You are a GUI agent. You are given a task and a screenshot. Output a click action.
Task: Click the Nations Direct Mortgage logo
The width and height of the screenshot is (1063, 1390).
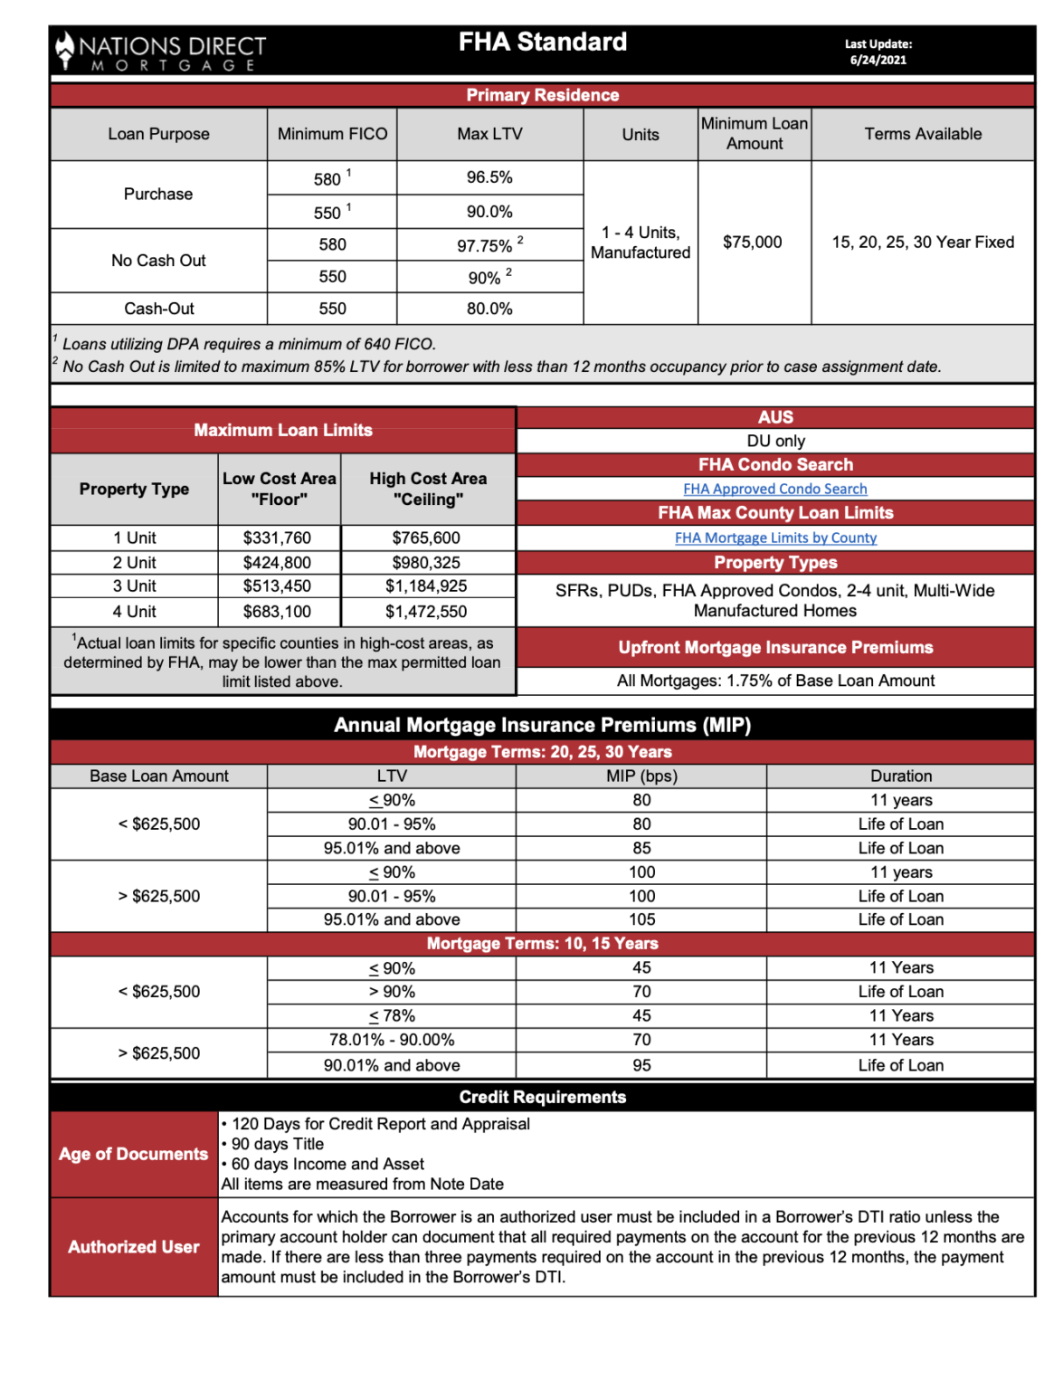tap(161, 52)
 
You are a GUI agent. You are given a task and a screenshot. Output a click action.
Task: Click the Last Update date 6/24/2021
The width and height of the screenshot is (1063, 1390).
tap(878, 60)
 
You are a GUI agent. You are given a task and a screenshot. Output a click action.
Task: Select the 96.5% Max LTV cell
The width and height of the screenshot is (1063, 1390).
tap(489, 177)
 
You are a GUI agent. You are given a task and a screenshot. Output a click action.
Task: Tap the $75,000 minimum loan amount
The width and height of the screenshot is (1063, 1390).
tap(752, 242)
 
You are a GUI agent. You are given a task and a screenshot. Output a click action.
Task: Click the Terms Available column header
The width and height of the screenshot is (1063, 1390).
tap(922, 134)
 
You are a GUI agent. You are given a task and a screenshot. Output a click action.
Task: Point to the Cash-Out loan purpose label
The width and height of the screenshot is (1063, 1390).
tap(159, 309)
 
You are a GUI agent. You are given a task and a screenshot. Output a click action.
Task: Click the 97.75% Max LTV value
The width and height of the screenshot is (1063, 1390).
tap(486, 245)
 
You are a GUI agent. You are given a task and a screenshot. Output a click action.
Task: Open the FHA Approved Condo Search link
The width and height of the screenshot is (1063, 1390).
tap(774, 489)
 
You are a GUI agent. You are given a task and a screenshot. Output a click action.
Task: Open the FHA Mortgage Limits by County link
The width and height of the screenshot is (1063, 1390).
tap(775, 538)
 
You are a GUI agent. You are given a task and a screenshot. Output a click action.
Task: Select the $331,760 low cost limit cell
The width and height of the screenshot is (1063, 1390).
tap(277, 538)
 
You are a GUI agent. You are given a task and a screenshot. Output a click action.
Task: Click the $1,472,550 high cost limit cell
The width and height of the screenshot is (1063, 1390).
tap(426, 612)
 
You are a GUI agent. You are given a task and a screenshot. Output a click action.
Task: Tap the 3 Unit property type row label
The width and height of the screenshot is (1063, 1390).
tap(134, 586)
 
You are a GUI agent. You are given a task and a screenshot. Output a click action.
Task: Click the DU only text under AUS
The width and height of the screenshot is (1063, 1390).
tap(775, 441)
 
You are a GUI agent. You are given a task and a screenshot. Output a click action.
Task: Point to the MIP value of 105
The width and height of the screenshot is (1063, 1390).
tap(641, 919)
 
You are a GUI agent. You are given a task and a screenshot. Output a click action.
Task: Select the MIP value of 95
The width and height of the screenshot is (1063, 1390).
tap(641, 1065)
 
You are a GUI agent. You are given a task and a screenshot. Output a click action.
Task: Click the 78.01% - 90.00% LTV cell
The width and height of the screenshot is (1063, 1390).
tap(392, 1040)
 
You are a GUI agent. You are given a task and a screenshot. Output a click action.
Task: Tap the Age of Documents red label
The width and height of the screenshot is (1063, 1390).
tap(134, 1154)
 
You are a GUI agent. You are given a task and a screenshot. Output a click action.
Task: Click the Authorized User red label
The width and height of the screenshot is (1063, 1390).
tap(134, 1247)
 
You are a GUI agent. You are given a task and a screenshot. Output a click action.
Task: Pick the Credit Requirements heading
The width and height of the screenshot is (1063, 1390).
tap(542, 1097)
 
